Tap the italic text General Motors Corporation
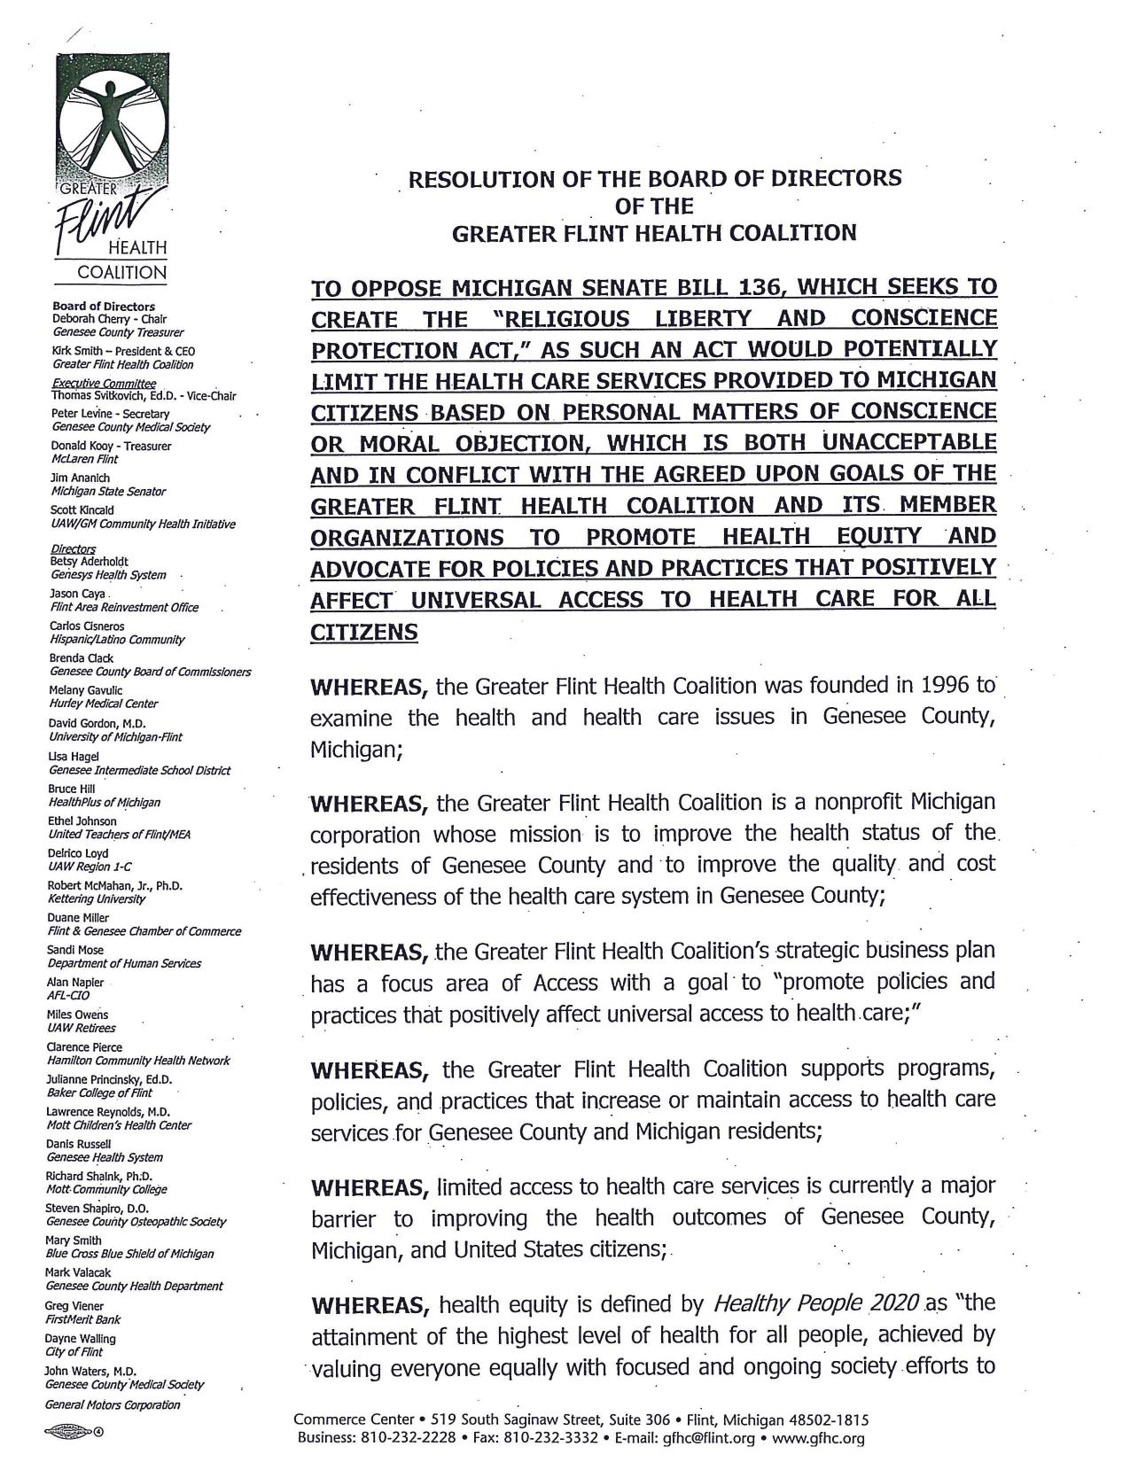tap(113, 1404)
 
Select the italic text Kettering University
tap(97, 898)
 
